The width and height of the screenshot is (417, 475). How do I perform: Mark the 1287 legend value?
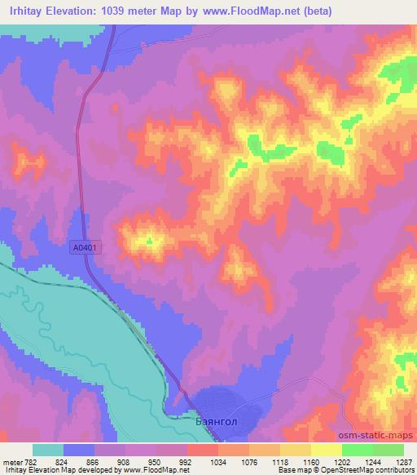pyautogui.click(x=402, y=461)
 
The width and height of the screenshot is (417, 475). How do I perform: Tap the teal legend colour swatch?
pyautogui.click(x=49, y=450)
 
